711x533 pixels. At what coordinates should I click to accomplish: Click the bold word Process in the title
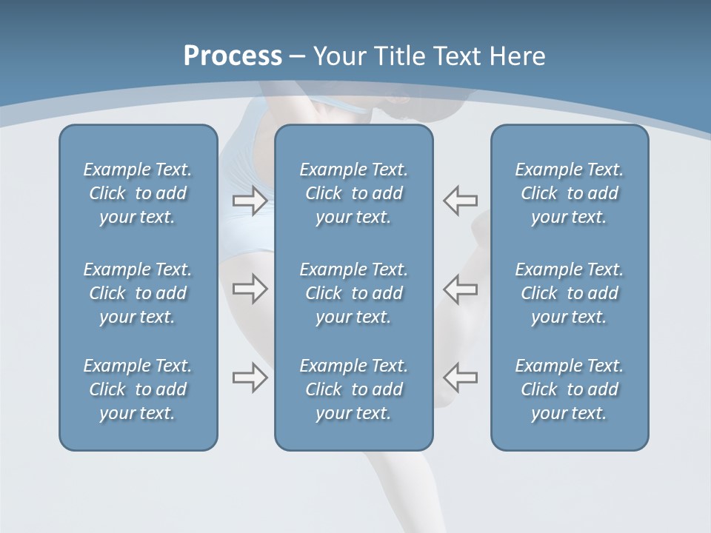point(233,56)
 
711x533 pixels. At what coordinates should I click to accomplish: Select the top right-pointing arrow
point(250,201)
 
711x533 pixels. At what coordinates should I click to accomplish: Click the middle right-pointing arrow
point(250,289)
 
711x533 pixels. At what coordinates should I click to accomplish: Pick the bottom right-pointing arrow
point(250,378)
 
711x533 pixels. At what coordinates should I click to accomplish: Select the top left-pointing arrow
point(461,201)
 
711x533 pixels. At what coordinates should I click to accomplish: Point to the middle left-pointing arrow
point(461,289)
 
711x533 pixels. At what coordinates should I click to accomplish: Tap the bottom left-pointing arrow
point(461,378)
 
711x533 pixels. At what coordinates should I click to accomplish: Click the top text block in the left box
point(138,193)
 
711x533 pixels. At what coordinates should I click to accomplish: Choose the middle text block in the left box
point(138,293)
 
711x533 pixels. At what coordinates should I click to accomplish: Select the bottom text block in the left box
point(138,389)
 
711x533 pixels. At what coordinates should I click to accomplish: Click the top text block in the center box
point(354,193)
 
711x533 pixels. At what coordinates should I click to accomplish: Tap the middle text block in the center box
point(354,293)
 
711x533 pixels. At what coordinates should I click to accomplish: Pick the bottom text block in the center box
point(354,389)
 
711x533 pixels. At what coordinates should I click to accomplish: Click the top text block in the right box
point(570,193)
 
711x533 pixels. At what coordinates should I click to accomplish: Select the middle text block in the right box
point(570,293)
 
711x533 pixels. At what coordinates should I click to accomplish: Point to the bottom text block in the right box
point(570,389)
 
